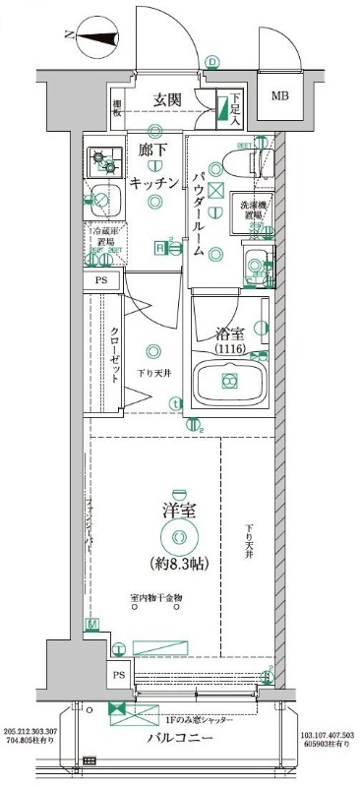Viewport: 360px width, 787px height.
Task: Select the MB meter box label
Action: (x=280, y=96)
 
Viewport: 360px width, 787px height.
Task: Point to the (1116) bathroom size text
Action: (x=230, y=350)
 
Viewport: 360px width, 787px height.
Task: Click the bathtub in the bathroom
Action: (x=229, y=382)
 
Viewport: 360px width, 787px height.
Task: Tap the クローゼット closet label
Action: (x=116, y=347)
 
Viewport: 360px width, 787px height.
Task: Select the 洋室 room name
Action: (x=177, y=511)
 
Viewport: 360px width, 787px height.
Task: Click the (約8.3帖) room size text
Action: (x=178, y=564)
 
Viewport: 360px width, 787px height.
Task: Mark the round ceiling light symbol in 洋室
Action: (x=178, y=537)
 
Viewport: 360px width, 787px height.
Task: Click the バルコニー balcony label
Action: (x=182, y=738)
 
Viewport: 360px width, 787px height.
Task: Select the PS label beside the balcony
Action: (x=119, y=675)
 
